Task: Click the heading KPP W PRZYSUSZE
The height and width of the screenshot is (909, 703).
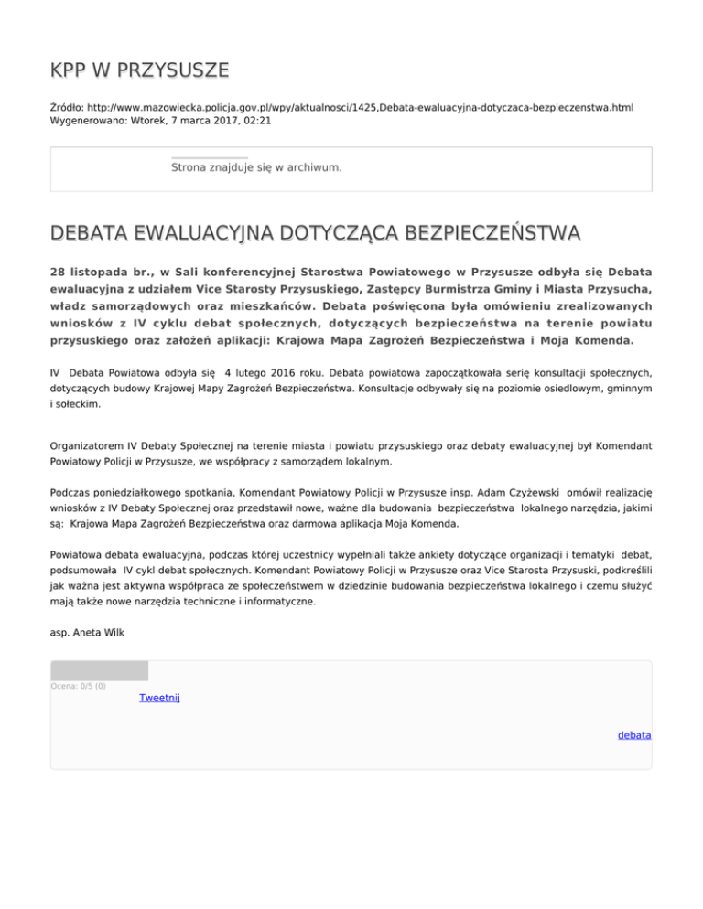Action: point(139,70)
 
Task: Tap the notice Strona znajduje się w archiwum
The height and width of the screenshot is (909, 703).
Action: point(256,167)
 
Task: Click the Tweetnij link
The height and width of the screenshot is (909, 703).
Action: point(159,698)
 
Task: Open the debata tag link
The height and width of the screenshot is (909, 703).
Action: point(634,734)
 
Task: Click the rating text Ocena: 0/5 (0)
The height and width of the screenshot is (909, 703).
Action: point(78,686)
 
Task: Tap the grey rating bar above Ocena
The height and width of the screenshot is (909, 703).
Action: point(99,671)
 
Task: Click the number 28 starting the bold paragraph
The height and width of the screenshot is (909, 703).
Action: point(58,273)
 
